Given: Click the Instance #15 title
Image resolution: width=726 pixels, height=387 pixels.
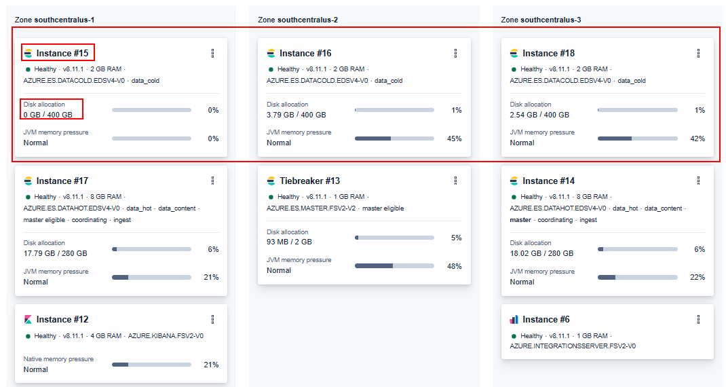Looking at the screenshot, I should click(x=62, y=53).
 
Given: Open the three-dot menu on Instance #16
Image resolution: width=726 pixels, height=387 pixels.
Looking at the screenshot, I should click(x=455, y=53).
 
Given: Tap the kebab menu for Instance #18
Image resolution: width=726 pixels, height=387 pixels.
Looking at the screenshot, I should click(x=698, y=53).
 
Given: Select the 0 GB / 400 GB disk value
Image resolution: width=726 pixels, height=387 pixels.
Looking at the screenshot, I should click(x=47, y=115).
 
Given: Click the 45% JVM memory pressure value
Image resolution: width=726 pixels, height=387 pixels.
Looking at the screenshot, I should click(x=454, y=139).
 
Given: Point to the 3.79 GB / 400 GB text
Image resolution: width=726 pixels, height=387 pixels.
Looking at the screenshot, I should click(x=297, y=115).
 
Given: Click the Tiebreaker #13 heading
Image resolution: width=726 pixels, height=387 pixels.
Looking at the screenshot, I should click(x=309, y=181).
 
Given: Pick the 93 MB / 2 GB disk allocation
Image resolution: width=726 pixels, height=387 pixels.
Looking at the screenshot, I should click(x=289, y=242).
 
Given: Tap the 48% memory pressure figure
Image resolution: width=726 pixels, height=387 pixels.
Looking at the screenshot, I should click(x=454, y=266).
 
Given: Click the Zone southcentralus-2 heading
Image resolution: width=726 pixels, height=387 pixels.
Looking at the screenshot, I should click(x=298, y=20).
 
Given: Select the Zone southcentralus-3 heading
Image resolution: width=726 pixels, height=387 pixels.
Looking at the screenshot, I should click(x=541, y=20).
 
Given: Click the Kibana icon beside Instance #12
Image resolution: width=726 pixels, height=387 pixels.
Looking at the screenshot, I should click(x=28, y=319).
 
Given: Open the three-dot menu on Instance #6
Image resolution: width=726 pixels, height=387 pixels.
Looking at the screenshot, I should click(x=698, y=319).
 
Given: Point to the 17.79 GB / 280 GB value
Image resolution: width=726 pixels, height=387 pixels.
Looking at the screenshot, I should click(x=55, y=253).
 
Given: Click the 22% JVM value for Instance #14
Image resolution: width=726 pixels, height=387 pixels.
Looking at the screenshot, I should click(x=697, y=277).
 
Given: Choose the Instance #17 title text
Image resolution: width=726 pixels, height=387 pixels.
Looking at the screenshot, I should click(x=62, y=181).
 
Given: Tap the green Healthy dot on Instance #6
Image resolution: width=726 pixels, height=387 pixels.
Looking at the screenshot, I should click(x=514, y=336).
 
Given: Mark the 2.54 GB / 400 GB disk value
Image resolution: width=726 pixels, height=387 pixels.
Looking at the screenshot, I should click(x=539, y=115).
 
